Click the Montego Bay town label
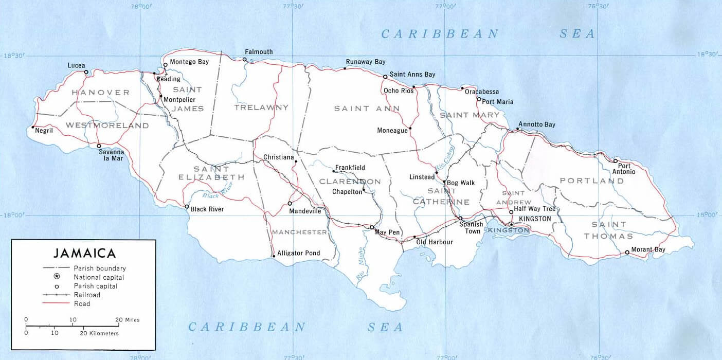click(189, 62)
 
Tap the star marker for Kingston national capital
click(511, 225)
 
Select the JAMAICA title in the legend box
click(84, 253)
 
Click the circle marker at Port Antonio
click(615, 161)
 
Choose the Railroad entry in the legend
click(87, 295)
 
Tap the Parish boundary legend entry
click(99, 268)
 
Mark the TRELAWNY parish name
click(261, 107)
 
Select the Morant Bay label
click(648, 249)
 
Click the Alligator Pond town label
click(298, 253)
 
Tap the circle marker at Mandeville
click(290, 203)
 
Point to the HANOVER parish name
click(101, 93)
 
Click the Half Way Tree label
click(535, 209)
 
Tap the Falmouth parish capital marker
click(245, 60)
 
